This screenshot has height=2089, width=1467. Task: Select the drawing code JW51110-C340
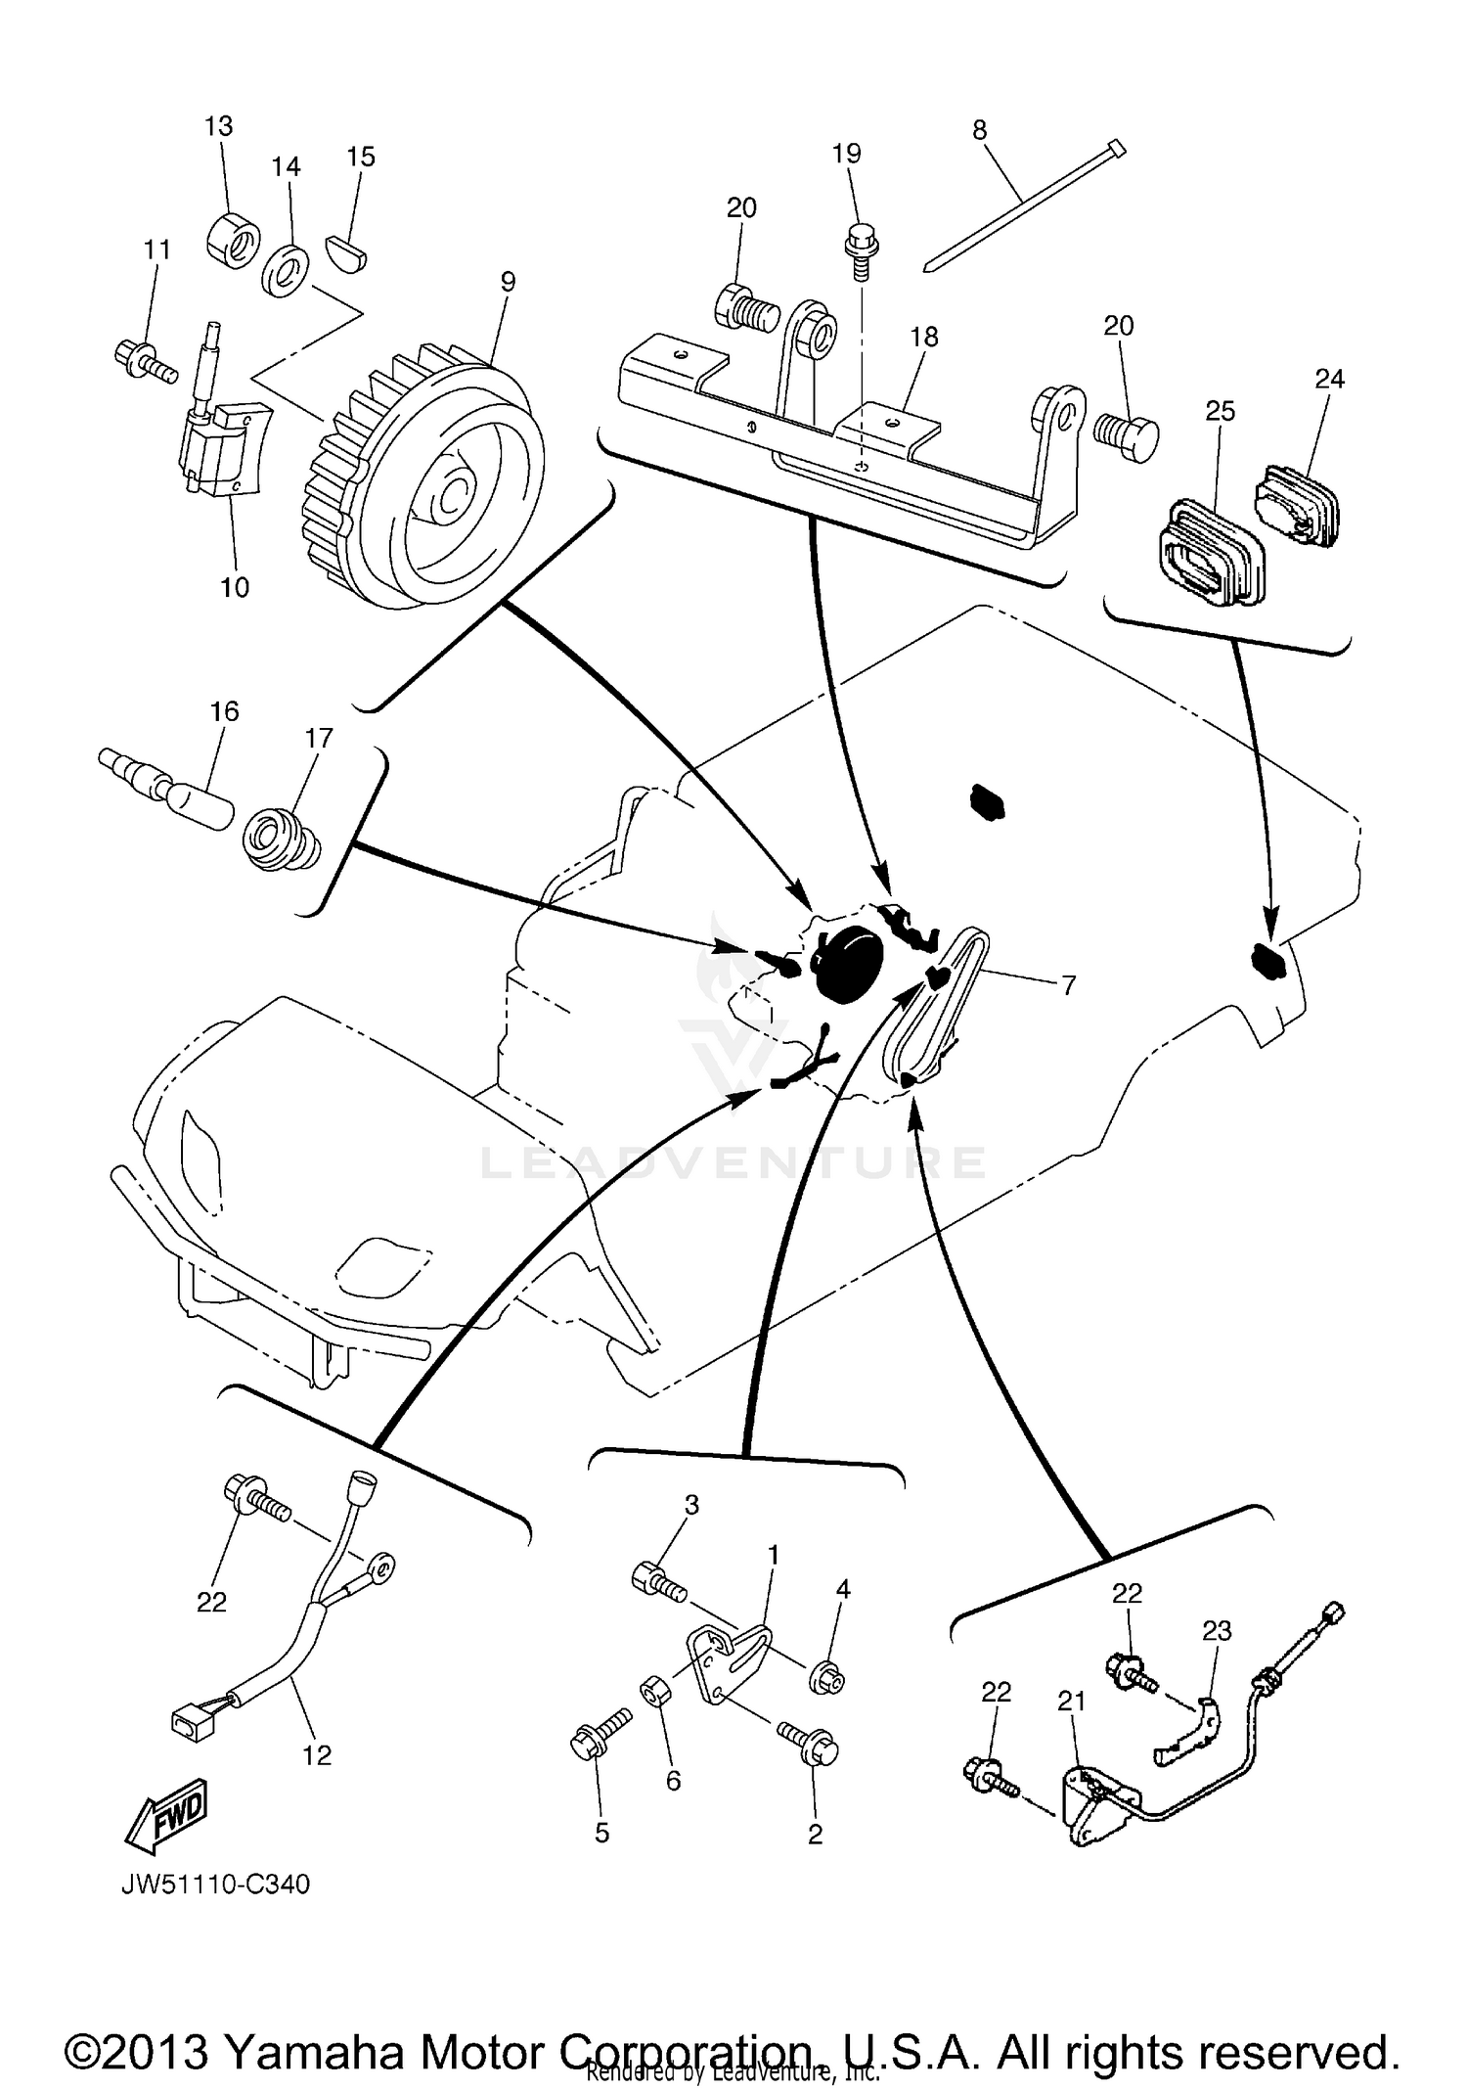click(x=215, y=1884)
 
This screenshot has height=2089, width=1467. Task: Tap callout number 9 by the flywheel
click(x=507, y=282)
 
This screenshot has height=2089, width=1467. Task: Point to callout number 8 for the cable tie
click(x=980, y=131)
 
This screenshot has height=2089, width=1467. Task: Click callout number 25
click(x=1221, y=411)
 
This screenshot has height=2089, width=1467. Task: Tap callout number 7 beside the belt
click(x=1068, y=985)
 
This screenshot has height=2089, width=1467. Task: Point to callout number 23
click(x=1217, y=1630)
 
